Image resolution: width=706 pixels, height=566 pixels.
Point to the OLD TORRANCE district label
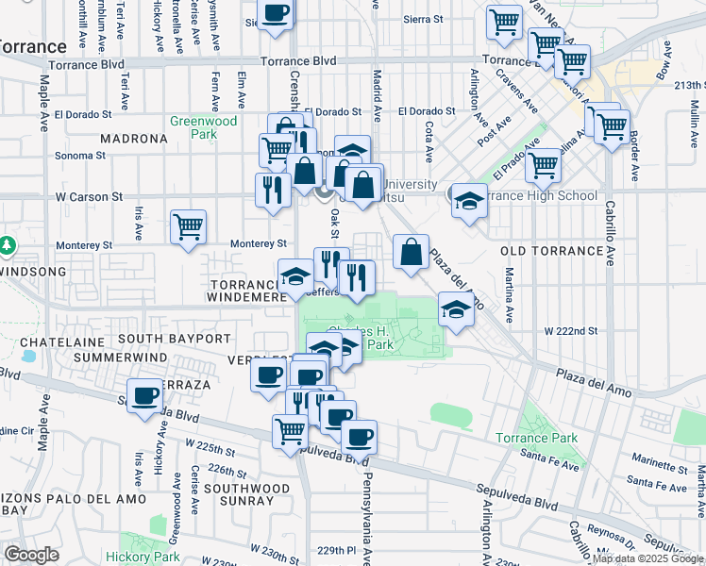click(550, 251)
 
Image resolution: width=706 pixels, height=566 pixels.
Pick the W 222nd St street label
click(572, 330)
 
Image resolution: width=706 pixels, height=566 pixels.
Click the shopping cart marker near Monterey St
click(188, 226)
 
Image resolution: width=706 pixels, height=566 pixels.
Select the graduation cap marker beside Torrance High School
click(468, 199)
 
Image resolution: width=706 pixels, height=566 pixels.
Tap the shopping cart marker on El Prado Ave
click(543, 162)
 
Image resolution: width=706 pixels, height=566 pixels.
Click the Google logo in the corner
click(31, 555)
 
